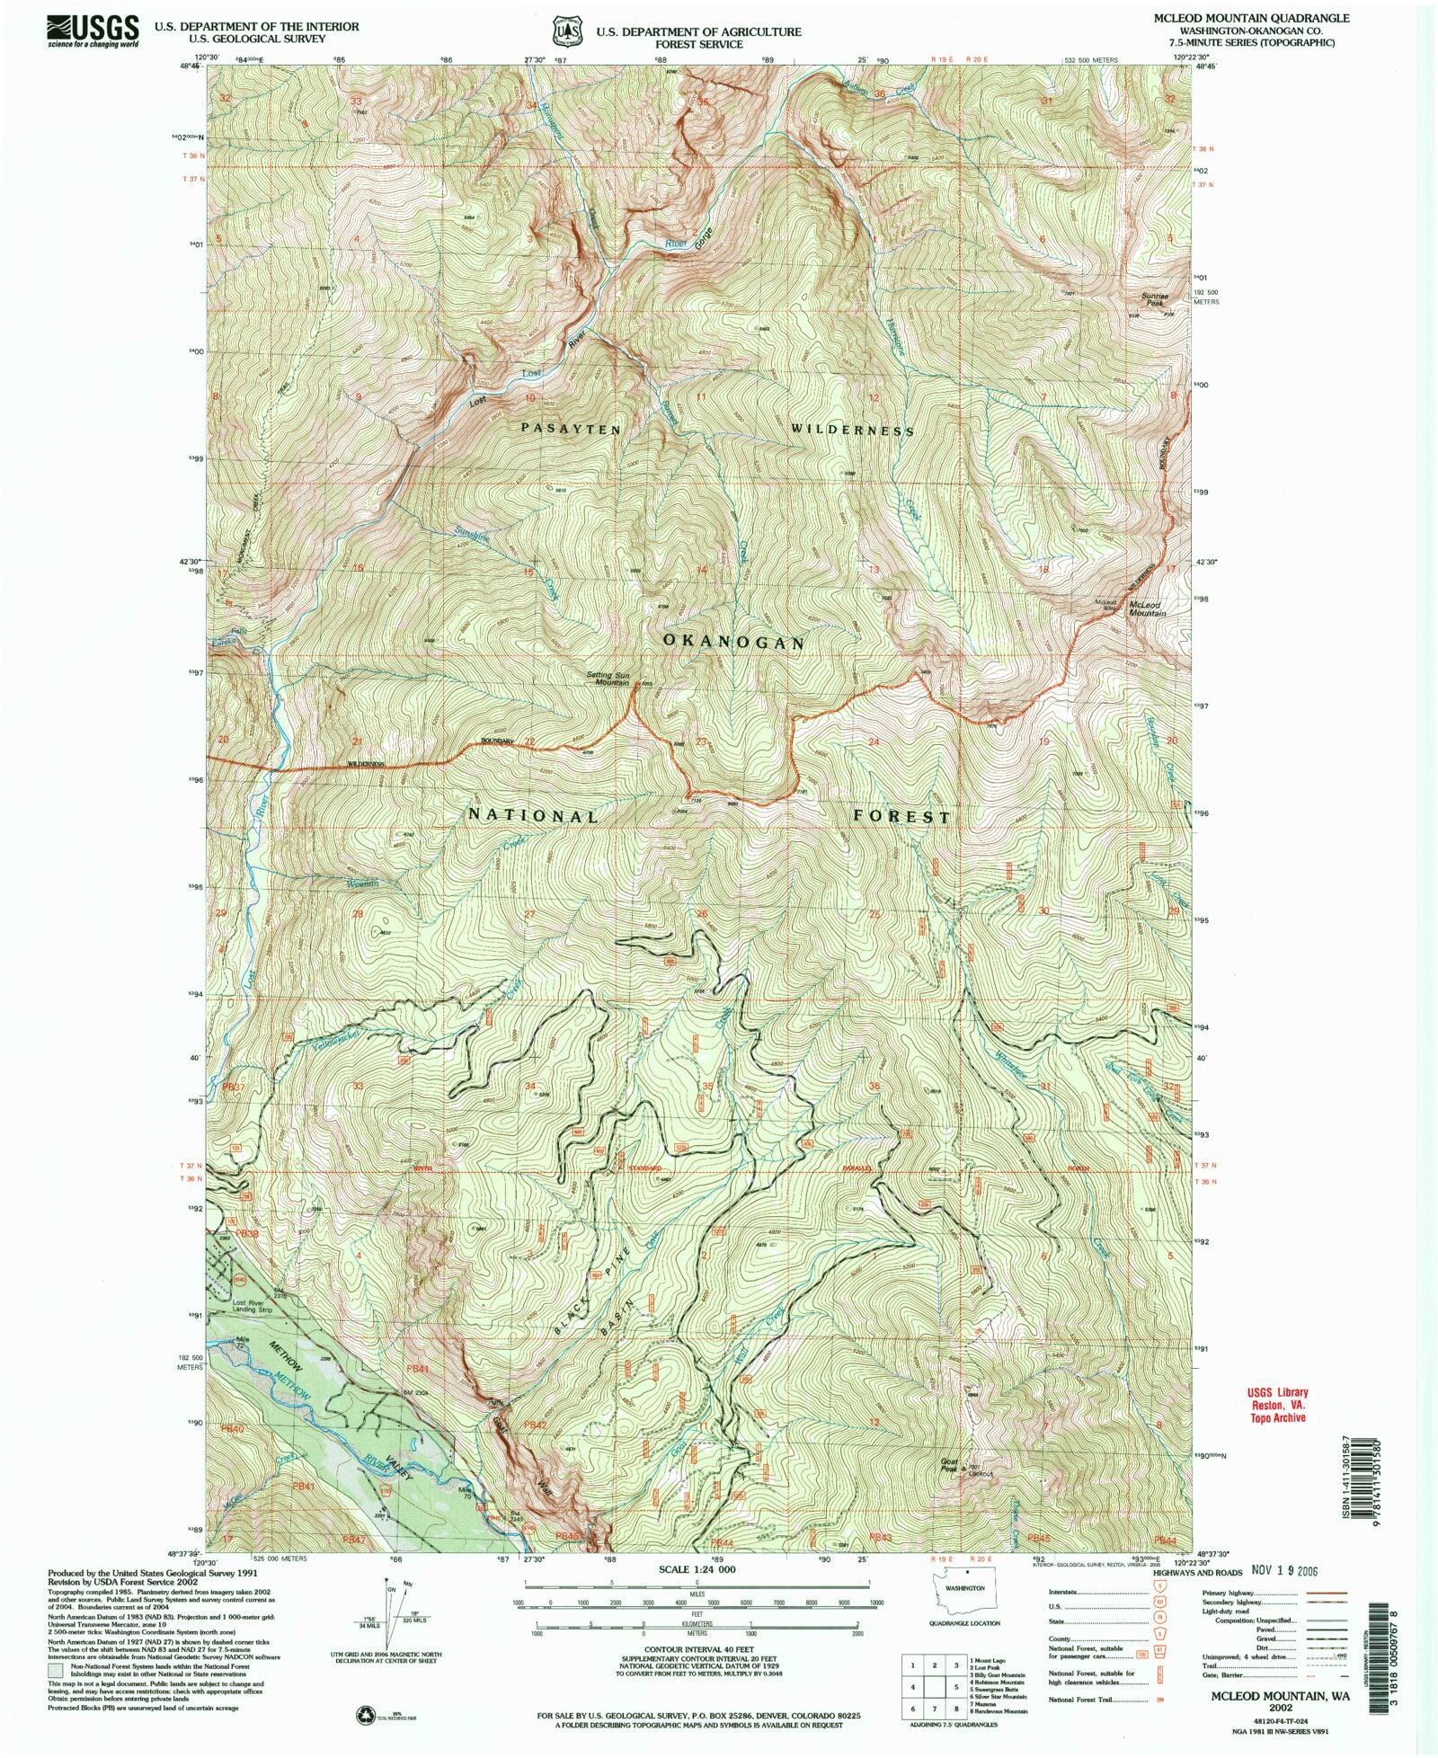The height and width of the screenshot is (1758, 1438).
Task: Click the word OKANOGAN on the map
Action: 733,642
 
